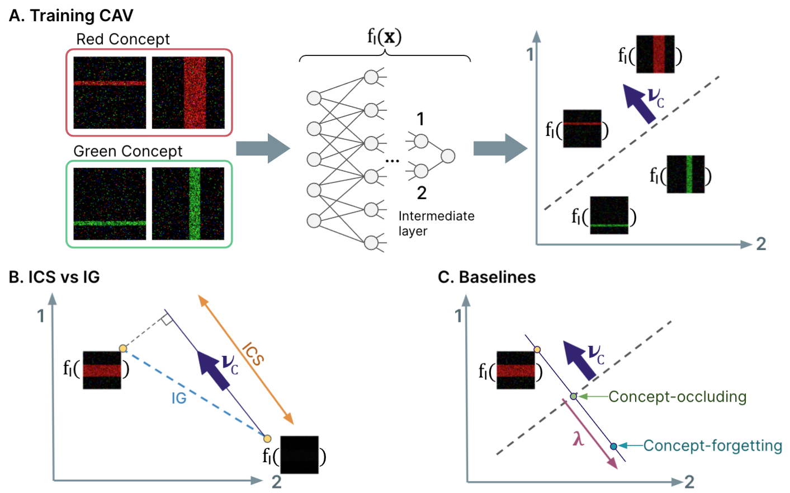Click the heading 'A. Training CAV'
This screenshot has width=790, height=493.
[x=71, y=16]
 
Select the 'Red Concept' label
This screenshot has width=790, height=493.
[x=122, y=39]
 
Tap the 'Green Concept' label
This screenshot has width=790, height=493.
[x=127, y=151]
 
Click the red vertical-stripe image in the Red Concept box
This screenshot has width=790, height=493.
[x=188, y=92]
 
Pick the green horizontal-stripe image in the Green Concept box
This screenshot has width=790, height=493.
[x=110, y=204]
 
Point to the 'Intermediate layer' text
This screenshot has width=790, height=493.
[x=436, y=223]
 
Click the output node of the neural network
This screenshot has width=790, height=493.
[x=448, y=156]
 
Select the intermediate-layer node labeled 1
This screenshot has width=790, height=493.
[x=421, y=141]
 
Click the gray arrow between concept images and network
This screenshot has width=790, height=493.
[x=263, y=148]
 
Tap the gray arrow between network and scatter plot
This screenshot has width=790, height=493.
[x=500, y=148]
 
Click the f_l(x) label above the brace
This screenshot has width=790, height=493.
[x=384, y=37]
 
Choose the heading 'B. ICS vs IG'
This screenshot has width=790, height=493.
[x=54, y=277]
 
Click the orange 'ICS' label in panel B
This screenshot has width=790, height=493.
[x=253, y=354]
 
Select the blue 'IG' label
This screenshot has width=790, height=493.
[x=179, y=398]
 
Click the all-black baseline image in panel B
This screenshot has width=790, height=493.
[x=299, y=454]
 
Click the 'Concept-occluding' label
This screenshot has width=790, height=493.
[x=677, y=397]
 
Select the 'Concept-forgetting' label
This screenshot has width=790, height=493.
[x=712, y=445]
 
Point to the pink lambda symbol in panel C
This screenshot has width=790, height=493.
[x=578, y=438]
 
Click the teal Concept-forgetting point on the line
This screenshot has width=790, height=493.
[x=613, y=446]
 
